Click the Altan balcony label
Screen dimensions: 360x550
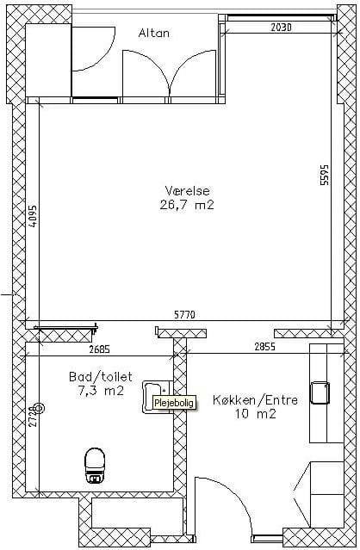coord(154,33)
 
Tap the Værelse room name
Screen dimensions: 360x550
coord(188,191)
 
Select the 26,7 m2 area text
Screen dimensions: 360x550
coord(187,205)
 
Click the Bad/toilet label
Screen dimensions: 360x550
coord(101,377)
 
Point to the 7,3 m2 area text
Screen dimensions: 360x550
coord(101,391)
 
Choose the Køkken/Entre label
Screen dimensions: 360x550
coord(256,400)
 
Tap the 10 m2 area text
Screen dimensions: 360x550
coord(256,414)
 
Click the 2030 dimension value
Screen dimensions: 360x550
coord(281,28)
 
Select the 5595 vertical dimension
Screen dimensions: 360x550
coord(325,175)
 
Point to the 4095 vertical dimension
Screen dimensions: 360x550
coord(32,216)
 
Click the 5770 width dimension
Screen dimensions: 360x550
coord(184,315)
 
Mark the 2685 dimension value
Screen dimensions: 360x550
coord(100,349)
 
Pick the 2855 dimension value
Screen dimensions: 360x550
coord(265,347)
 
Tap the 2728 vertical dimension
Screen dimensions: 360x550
coord(33,416)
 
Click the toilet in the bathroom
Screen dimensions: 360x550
coord(95,465)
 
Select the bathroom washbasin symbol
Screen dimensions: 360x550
coord(156,397)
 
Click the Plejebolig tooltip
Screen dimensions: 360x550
coord(174,403)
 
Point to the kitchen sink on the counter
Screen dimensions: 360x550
coord(320,393)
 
